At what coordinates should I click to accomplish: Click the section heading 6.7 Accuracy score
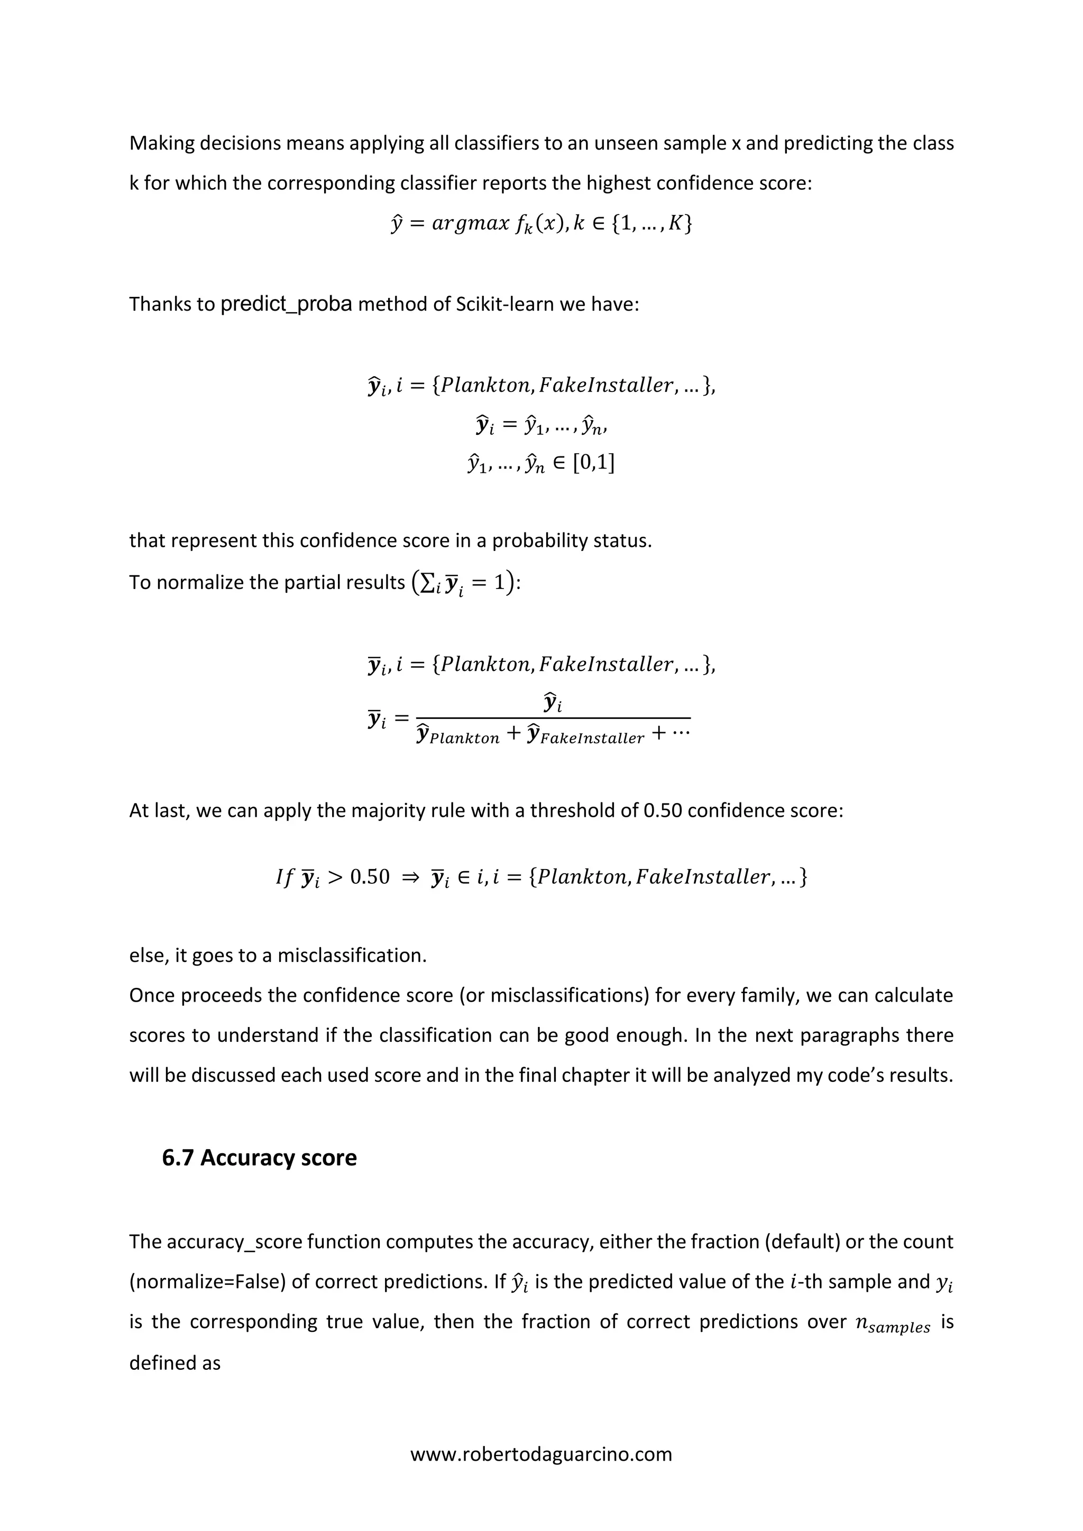point(259,1157)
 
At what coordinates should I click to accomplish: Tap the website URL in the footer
point(541,1454)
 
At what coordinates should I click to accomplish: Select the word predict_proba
point(286,304)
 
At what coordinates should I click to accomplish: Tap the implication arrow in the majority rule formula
point(410,877)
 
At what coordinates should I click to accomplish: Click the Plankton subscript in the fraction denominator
point(464,738)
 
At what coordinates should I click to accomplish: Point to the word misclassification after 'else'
point(352,956)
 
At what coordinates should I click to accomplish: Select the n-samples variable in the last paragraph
point(893,1323)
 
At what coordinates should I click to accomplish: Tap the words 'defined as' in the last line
point(175,1363)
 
